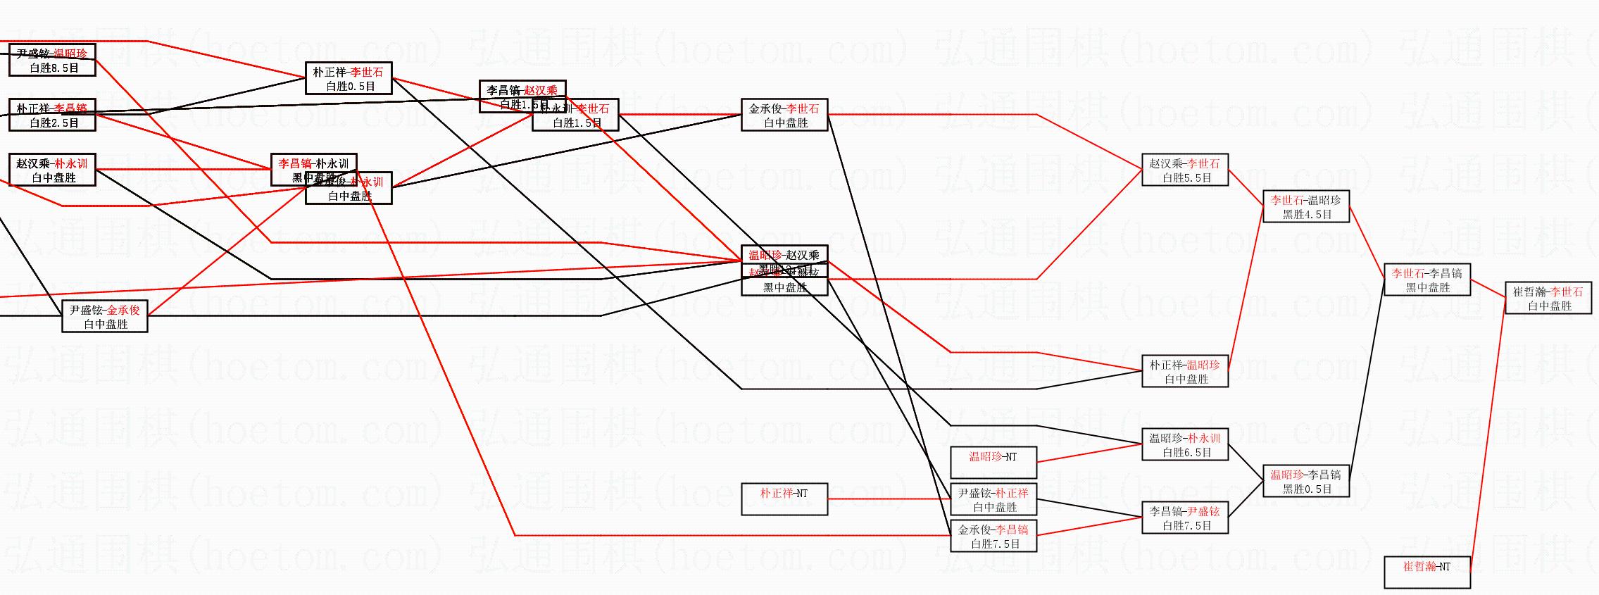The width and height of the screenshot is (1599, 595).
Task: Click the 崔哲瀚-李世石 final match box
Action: coord(1548,299)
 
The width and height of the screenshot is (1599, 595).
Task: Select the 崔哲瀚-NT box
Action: coord(1426,572)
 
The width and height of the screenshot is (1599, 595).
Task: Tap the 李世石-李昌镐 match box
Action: coord(1426,280)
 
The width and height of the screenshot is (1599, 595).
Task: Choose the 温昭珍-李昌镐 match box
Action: coord(1305,482)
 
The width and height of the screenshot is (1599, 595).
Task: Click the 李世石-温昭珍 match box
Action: coord(1305,207)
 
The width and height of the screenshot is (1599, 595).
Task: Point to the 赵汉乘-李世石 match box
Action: coord(1184,170)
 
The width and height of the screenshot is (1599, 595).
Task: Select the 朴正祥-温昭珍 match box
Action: coord(1184,372)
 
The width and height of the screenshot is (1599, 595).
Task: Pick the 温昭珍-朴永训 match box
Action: coord(1184,445)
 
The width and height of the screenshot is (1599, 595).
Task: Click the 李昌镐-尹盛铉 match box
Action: coord(1184,518)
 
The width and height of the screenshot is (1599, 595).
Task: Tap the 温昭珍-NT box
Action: coord(993,463)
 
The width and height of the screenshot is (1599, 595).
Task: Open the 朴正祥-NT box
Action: coord(784,499)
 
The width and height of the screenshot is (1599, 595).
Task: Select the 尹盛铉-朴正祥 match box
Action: coord(993,500)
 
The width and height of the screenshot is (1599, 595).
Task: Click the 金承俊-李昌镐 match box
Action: coord(993,537)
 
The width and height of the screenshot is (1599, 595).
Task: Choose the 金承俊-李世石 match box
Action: coord(784,115)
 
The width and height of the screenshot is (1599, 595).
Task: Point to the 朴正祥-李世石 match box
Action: coord(349,79)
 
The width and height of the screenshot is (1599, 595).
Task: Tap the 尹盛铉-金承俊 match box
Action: coord(104,317)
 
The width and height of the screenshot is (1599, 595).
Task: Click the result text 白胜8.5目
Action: coord(54,68)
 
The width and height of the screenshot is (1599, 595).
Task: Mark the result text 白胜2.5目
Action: coord(54,123)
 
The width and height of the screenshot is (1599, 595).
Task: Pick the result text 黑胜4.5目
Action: coord(1307,215)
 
